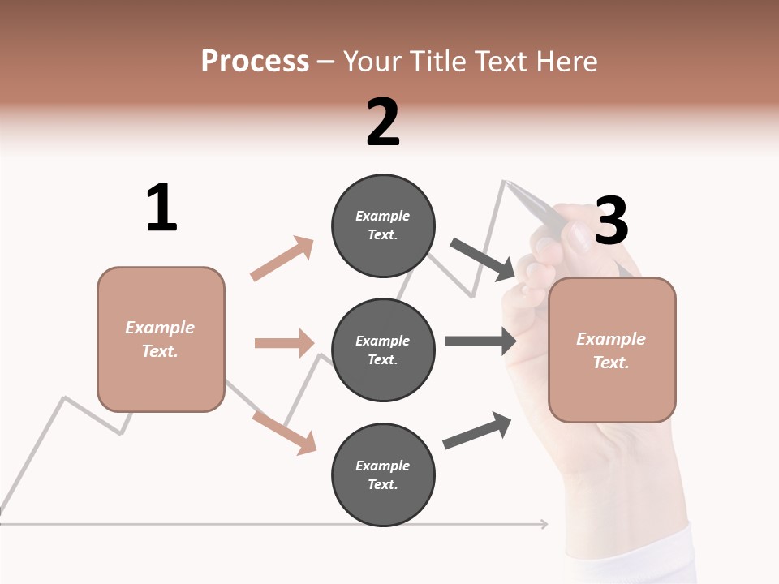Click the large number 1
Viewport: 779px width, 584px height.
point(161,208)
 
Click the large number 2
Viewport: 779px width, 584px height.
point(383,122)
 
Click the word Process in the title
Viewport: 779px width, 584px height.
point(255,61)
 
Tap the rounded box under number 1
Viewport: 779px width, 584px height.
point(161,339)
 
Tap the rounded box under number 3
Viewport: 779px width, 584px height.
point(612,350)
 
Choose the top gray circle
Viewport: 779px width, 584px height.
point(383,225)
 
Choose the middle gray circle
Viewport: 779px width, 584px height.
point(383,350)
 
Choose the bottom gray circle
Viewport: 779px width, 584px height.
point(383,475)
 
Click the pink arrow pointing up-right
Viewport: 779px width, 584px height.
point(282,258)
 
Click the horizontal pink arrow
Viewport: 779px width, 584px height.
point(284,343)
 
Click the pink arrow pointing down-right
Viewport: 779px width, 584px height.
point(285,432)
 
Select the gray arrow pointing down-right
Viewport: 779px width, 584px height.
point(482,259)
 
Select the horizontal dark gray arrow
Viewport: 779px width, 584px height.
point(480,341)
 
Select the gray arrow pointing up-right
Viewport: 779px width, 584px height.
point(477,431)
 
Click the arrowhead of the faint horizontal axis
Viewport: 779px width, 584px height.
point(544,524)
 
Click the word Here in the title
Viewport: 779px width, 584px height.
point(566,61)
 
